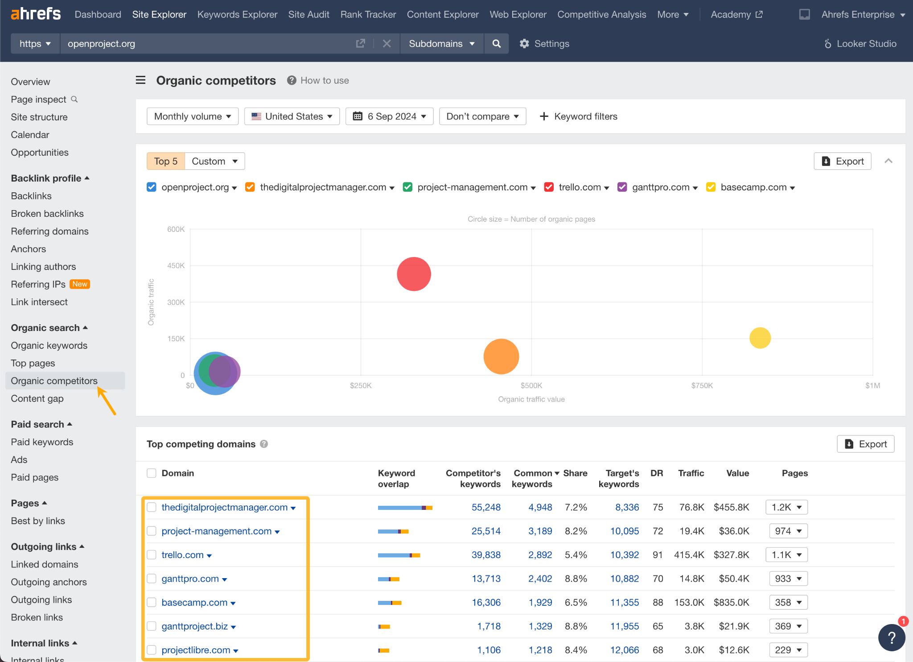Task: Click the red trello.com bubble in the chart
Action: click(414, 274)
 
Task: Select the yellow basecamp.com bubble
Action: click(760, 338)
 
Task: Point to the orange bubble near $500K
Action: click(501, 356)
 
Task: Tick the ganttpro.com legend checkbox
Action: click(622, 187)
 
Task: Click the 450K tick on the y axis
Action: click(176, 266)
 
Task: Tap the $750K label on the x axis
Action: click(702, 385)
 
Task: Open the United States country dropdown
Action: click(292, 116)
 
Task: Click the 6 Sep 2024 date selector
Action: click(389, 116)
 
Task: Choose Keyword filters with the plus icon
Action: click(578, 116)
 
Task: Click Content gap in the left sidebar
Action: click(37, 399)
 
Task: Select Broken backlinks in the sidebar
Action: click(47, 214)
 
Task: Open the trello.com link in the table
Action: click(182, 555)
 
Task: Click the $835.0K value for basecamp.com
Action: click(731, 603)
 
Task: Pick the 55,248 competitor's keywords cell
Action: click(486, 507)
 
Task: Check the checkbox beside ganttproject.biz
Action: click(152, 626)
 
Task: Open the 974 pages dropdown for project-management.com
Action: click(788, 531)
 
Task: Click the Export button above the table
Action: click(865, 444)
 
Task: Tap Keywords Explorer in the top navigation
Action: click(237, 14)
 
